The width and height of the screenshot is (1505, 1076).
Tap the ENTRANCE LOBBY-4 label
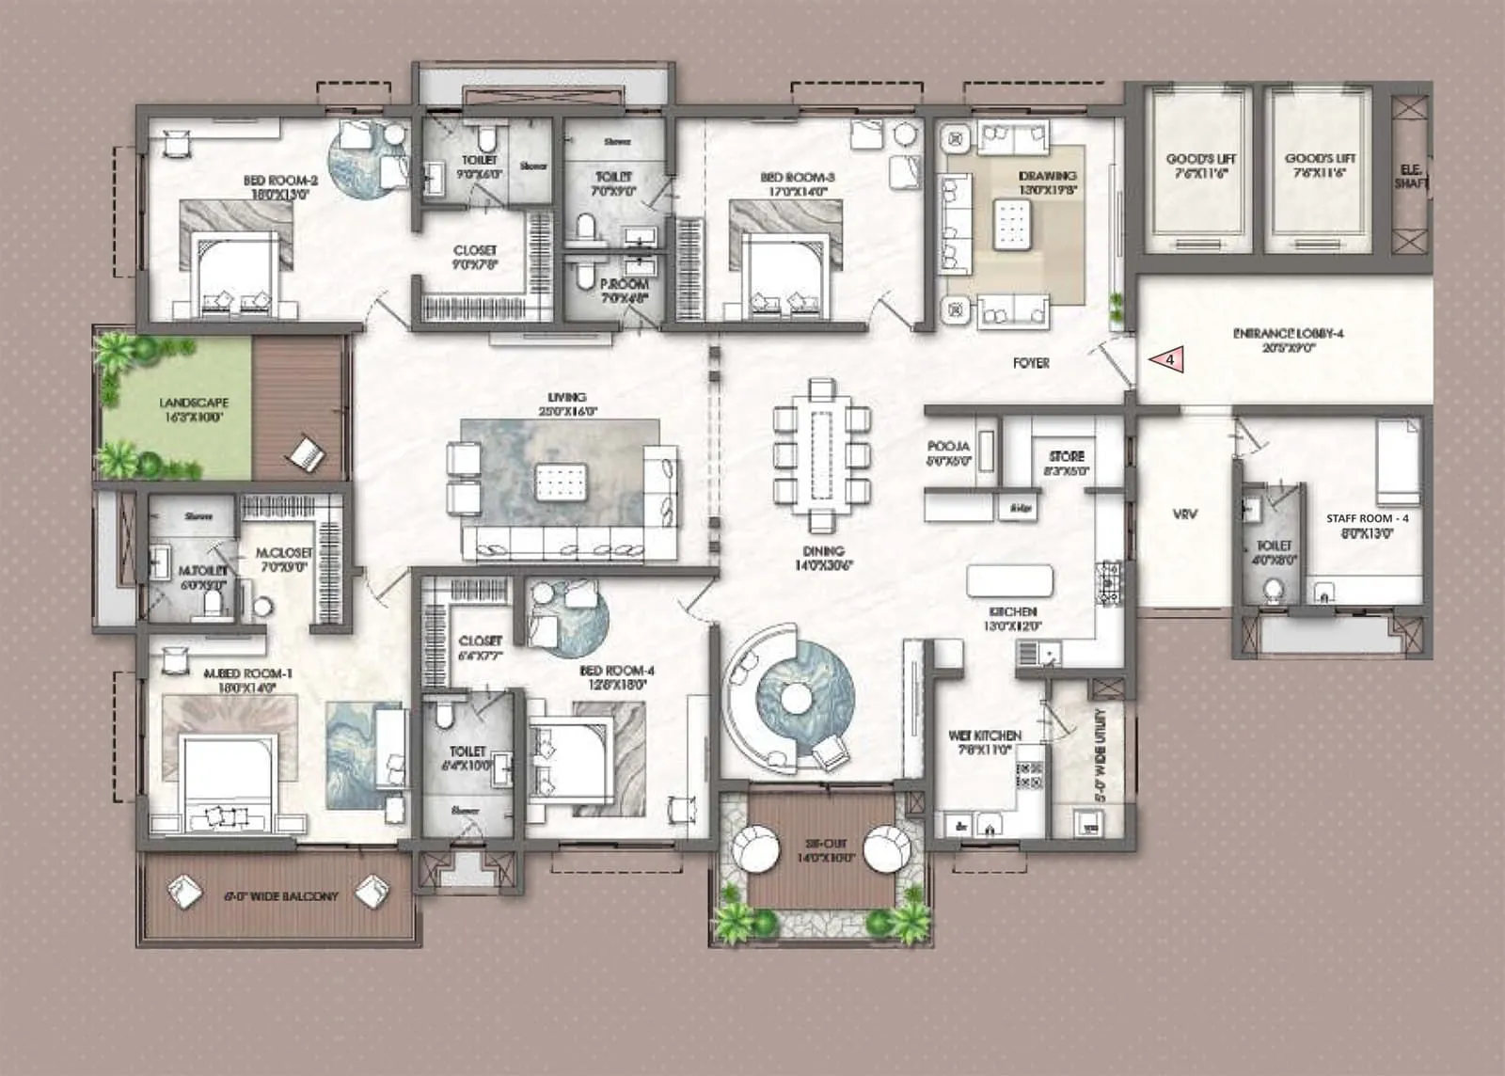tap(1288, 340)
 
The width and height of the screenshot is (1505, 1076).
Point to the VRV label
tap(1184, 514)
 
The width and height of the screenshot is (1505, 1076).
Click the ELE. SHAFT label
tap(1411, 176)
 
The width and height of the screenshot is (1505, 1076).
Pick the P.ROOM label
tap(625, 289)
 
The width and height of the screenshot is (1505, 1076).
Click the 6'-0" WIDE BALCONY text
tap(280, 896)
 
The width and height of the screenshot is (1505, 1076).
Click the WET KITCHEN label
tap(985, 742)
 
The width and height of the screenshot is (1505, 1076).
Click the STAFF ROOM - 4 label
tap(1367, 525)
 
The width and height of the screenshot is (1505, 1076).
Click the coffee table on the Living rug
tap(561, 482)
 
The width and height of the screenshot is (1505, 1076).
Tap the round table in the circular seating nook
tap(797, 698)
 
